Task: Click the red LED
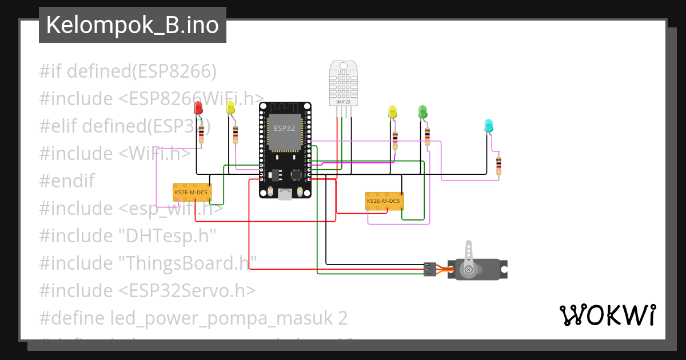pyautogui.click(x=198, y=107)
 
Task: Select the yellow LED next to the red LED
pyautogui.click(x=230, y=107)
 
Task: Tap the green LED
pyautogui.click(x=423, y=112)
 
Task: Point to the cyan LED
pyautogui.click(x=488, y=126)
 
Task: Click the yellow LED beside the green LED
pyautogui.click(x=392, y=112)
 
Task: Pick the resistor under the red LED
pyautogui.click(x=201, y=135)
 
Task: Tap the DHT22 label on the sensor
pyautogui.click(x=343, y=102)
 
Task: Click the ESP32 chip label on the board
pyautogui.click(x=284, y=128)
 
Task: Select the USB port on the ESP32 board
pyautogui.click(x=284, y=194)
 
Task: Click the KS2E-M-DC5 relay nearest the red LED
pyautogui.click(x=192, y=193)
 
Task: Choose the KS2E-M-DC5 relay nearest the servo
pyautogui.click(x=384, y=201)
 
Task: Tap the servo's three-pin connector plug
pyautogui.click(x=429, y=269)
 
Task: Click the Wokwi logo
pyautogui.click(x=607, y=315)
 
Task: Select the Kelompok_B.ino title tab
pyautogui.click(x=132, y=25)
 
